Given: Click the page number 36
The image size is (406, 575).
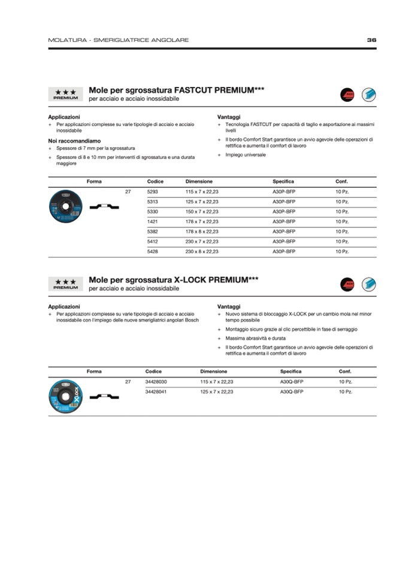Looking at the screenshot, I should click(x=371, y=40).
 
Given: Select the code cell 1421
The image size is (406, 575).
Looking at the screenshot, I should click(x=152, y=221).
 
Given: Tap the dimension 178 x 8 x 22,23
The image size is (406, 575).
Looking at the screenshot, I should click(x=202, y=231).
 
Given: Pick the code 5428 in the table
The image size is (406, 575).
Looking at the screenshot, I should click(x=152, y=252).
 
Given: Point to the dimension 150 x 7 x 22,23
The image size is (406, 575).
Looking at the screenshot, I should click(x=202, y=212).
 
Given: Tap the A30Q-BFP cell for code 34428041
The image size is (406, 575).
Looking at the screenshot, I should click(x=292, y=392).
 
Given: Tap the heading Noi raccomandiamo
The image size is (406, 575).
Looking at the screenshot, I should click(x=70, y=141).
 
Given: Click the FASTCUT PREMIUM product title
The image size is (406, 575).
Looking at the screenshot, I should click(x=177, y=90).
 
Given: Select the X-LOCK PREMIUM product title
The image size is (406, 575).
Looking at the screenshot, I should click(x=174, y=280).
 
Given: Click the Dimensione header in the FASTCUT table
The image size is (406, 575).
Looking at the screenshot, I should click(x=199, y=181).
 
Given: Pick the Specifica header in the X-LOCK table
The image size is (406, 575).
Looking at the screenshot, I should click(x=290, y=371).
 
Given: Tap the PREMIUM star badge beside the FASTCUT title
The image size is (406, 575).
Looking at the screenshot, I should click(x=65, y=94).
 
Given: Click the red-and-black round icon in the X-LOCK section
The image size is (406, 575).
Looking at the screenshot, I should click(x=347, y=284).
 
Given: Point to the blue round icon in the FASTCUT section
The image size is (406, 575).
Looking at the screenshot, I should click(x=368, y=94).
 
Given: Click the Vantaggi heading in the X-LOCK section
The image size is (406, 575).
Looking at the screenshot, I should click(x=229, y=306).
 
